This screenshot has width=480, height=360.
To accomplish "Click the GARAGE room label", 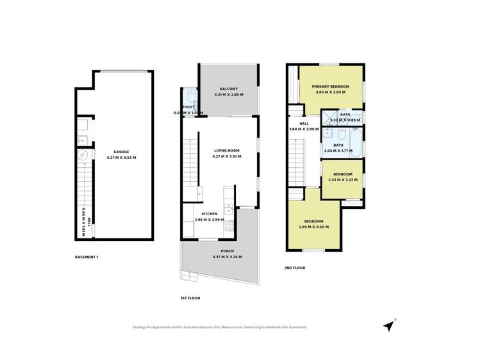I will pyautogui.click(x=121, y=152).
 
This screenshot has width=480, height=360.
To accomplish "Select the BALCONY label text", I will pyautogui.click(x=228, y=89).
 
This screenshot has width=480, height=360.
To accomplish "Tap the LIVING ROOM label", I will pyautogui.click(x=228, y=150).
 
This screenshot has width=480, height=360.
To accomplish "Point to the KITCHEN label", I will pyautogui.click(x=210, y=213).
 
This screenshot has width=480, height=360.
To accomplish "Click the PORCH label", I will pyautogui.click(x=227, y=251).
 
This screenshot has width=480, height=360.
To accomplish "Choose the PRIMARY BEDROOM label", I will pyautogui.click(x=331, y=86).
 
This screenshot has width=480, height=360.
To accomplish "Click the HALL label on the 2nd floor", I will pyautogui.click(x=304, y=124).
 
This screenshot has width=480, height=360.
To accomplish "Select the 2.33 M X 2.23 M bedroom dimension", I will pyautogui.click(x=343, y=180).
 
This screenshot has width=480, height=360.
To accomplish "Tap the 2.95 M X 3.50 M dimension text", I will pyautogui.click(x=313, y=227).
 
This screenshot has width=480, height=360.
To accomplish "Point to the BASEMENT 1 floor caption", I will pyautogui.click(x=87, y=257).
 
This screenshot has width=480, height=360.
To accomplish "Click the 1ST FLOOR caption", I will pyautogui.click(x=190, y=298).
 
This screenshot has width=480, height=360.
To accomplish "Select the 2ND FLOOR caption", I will pyautogui.click(x=295, y=268).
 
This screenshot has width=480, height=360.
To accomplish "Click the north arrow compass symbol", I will pyautogui.click(x=388, y=325).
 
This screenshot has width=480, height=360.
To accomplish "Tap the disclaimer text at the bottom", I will pyautogui.click(x=220, y=327).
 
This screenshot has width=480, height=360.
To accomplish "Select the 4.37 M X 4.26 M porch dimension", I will pyautogui.click(x=227, y=257).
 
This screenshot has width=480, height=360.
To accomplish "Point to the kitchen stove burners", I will pyautogui.click(x=229, y=225).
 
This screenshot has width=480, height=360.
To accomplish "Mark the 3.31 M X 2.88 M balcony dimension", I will pyautogui.click(x=228, y=95).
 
